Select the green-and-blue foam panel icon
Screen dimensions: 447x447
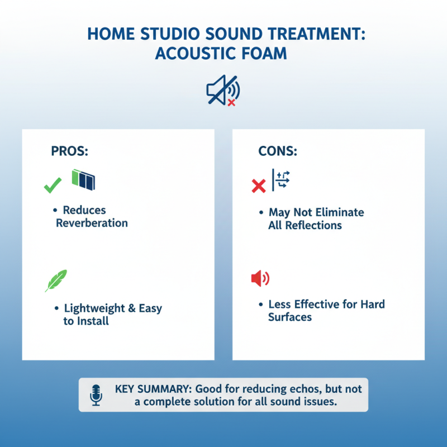pyautogui.click(x=83, y=179)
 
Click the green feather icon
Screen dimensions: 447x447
pyautogui.click(x=56, y=280)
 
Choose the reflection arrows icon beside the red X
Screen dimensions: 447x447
pyautogui.click(x=281, y=180)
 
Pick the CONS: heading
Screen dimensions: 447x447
pyautogui.click(x=277, y=151)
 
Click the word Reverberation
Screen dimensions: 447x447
pyautogui.click(x=92, y=223)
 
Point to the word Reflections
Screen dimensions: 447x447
pyautogui.click(x=312, y=225)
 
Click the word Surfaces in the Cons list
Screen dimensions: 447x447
pyautogui.click(x=289, y=317)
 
